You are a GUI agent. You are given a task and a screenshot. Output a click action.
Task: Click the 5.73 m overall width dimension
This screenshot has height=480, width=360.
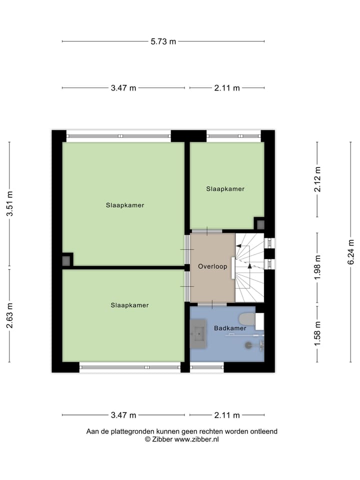click(x=163, y=41)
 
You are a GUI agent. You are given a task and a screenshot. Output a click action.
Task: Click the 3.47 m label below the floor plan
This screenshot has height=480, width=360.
click(x=123, y=415)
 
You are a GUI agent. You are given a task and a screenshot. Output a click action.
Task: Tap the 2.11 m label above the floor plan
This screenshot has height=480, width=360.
click(x=227, y=88)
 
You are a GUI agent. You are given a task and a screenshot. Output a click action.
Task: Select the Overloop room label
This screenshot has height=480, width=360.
click(x=212, y=266)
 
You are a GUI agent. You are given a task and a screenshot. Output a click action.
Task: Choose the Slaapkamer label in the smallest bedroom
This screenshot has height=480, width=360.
click(x=225, y=189)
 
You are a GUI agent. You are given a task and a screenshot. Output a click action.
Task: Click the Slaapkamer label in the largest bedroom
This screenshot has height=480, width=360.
click(x=125, y=205)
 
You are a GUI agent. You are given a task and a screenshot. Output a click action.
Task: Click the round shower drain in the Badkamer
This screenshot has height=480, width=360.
click(x=248, y=344)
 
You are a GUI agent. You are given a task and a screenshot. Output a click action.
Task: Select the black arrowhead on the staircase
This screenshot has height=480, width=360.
click(x=249, y=265)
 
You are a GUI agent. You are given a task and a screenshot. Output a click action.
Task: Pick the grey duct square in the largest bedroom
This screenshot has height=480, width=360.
click(x=66, y=260)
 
